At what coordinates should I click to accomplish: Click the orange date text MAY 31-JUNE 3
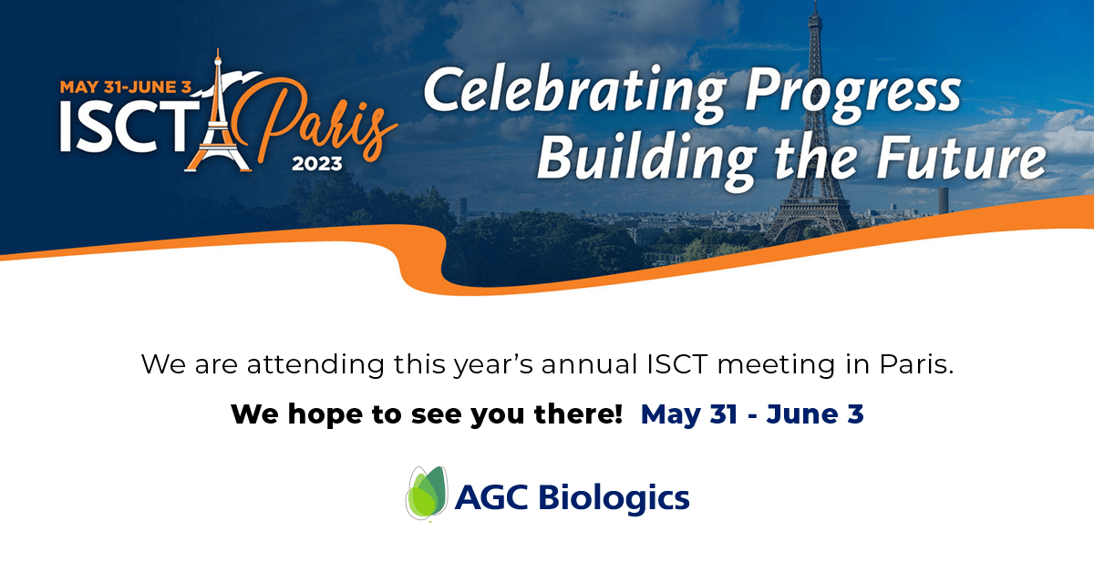tap(126, 87)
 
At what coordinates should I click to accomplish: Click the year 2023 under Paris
tap(317, 164)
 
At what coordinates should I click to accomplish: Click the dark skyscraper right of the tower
tap(943, 200)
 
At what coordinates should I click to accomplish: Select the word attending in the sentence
tap(315, 365)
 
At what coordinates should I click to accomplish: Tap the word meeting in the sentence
tap(776, 365)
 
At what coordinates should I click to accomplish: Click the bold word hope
tap(325, 414)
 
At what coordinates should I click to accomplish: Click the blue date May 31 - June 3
tap(752, 414)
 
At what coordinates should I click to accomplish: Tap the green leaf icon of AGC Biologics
tap(427, 493)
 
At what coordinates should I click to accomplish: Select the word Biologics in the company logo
tap(614, 499)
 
